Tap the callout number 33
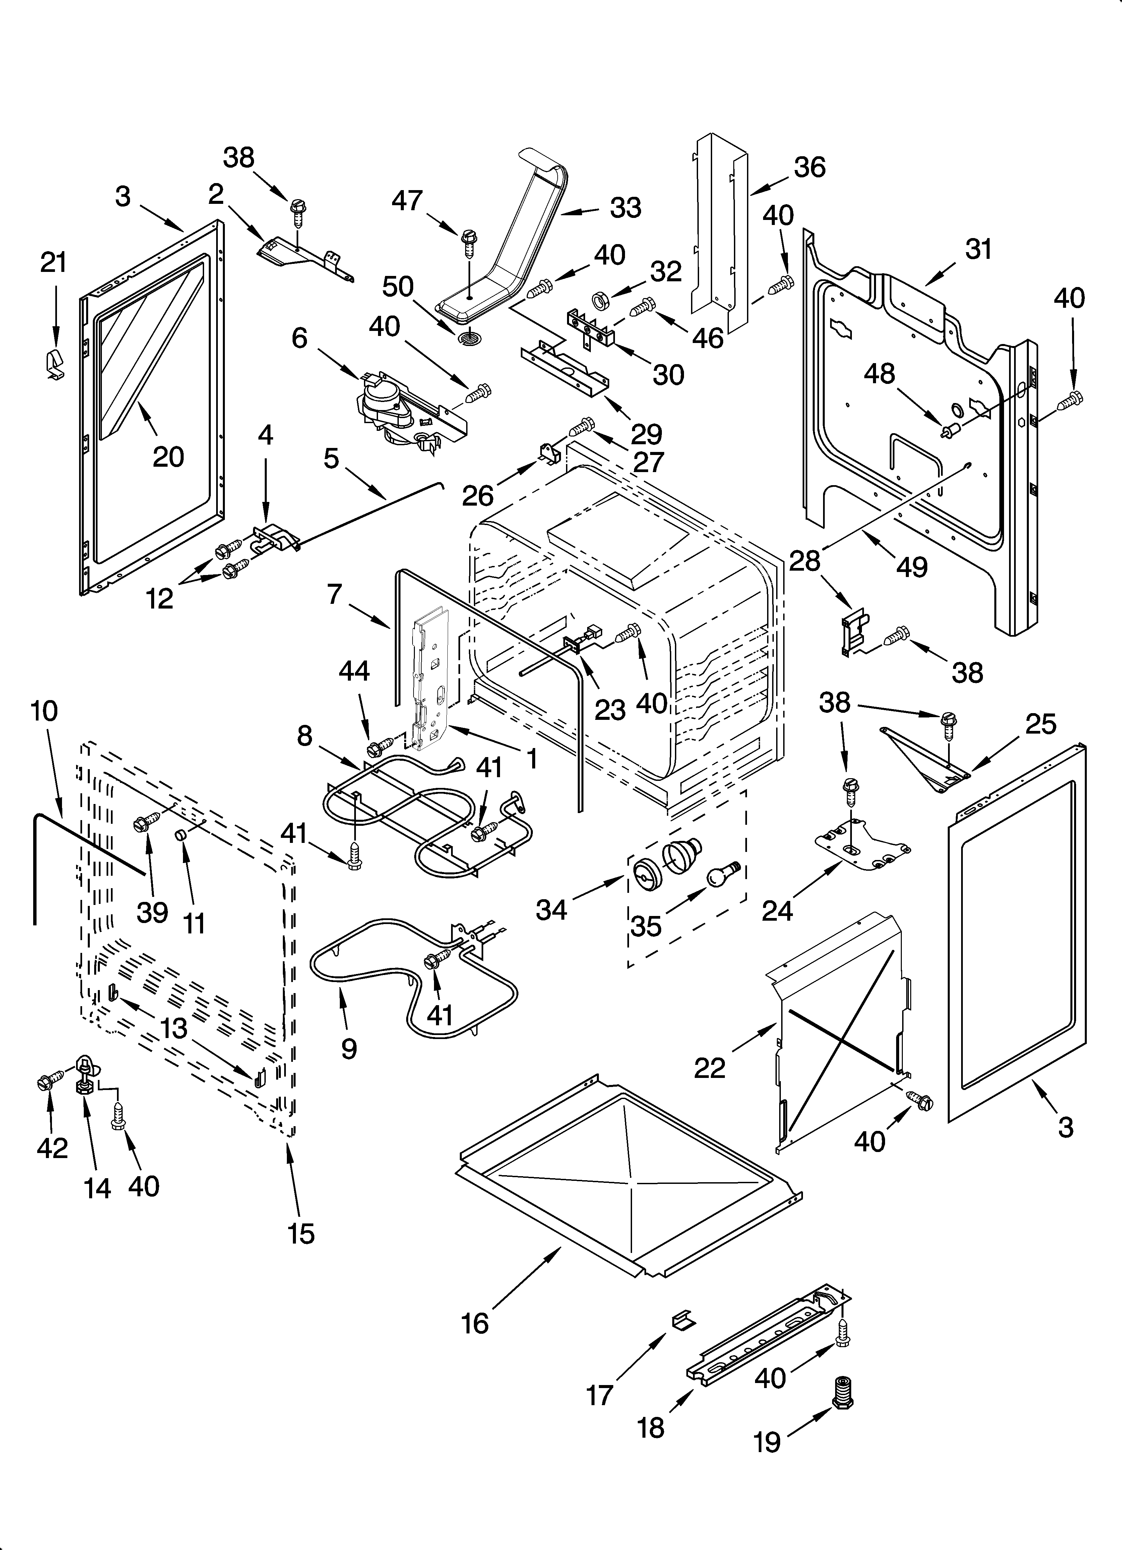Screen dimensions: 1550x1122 pos(625,208)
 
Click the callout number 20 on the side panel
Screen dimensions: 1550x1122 pos(168,457)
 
